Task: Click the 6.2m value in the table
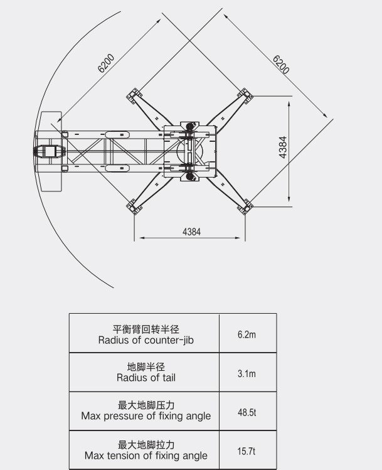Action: click(247, 334)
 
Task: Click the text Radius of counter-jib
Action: click(146, 340)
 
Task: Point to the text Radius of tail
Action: click(146, 377)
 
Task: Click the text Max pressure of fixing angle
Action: click(146, 416)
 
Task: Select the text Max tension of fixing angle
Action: click(146, 456)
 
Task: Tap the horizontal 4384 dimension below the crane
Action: click(191, 232)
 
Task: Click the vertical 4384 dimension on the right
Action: click(282, 147)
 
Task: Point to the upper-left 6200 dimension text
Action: click(106, 63)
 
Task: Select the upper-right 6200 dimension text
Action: click(281, 65)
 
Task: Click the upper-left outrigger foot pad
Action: click(134, 96)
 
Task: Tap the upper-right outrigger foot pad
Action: click(245, 96)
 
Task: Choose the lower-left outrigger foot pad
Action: click(134, 206)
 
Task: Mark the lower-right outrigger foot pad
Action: click(245, 206)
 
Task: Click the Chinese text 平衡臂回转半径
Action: click(146, 329)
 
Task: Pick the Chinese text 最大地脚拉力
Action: click(146, 445)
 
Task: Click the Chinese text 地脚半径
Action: click(146, 366)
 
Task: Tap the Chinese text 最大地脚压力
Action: click(146, 405)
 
